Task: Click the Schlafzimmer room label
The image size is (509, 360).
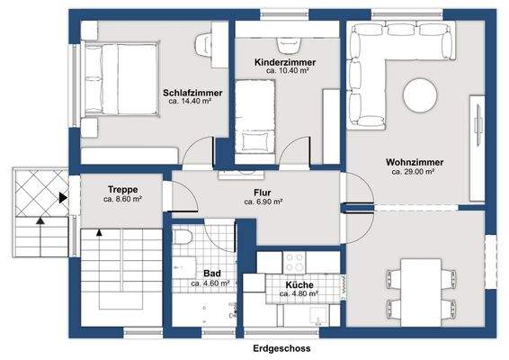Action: point(192,93)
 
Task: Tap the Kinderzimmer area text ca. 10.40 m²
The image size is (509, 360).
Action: point(287,70)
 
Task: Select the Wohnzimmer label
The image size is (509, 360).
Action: point(415,162)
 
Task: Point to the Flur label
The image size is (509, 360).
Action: point(263,193)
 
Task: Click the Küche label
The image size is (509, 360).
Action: point(299,285)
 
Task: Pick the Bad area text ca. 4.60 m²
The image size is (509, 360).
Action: point(210,283)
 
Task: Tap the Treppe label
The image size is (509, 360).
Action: point(123,189)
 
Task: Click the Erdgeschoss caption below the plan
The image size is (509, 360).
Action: point(281,348)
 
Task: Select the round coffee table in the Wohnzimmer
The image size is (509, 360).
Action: point(420,95)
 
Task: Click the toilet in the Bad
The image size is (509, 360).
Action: point(183,238)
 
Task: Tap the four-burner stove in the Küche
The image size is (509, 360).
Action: point(294,263)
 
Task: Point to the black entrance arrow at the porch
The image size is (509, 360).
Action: point(63,197)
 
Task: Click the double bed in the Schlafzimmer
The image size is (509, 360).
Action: point(121,79)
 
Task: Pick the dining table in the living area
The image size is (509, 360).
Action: point(421,292)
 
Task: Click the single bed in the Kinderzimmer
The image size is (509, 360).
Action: point(254,117)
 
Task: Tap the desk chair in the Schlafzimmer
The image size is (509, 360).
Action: point(203,45)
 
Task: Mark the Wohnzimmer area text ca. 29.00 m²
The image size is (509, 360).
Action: point(413,172)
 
